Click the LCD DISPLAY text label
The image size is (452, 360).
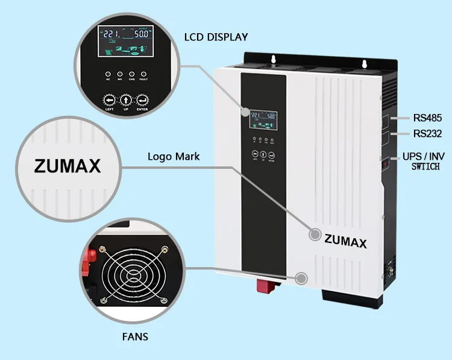click(x=216, y=37)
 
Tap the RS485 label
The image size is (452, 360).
click(x=428, y=118)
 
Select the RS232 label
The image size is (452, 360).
click(x=428, y=133)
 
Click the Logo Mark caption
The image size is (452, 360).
click(x=174, y=157)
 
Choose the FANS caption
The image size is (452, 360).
click(x=134, y=336)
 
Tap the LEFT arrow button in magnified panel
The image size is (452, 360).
click(x=109, y=99)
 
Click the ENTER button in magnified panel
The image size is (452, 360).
click(x=143, y=99)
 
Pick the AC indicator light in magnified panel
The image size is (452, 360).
click(x=108, y=71)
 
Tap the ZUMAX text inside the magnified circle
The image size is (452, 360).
click(x=67, y=166)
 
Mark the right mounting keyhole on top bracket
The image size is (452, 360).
click(x=363, y=63)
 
